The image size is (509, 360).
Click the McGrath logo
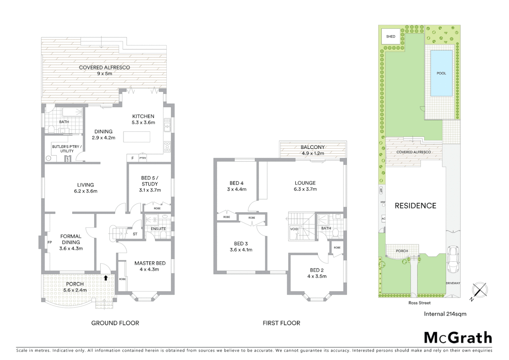pos(458,338)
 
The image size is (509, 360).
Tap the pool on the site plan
pos(441,73)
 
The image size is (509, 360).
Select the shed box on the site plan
pos(391,36)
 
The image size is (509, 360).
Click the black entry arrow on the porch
pos(106,277)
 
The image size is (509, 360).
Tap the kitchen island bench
pos(137,137)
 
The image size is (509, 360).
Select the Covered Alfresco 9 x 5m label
pos(104,70)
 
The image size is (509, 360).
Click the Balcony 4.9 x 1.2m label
pos(312,150)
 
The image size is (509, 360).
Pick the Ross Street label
pos(419,303)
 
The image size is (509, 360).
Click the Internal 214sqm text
pos(445,314)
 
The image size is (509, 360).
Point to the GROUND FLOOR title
pos(115,323)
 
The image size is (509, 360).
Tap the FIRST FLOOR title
pos(281,323)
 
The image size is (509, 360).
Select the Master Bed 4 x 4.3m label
pos(150,266)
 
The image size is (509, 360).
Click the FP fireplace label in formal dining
pos(50,242)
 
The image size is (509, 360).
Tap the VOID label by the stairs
pos(294,229)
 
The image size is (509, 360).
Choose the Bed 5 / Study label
pos(150,184)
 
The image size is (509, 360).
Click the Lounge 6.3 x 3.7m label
pos(305,186)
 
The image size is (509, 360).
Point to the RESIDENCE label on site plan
pos(415,206)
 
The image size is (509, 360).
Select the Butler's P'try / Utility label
pos(67,149)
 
